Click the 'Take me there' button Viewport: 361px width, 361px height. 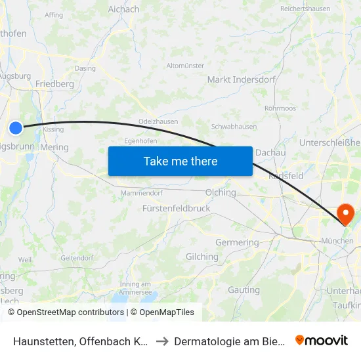click(180, 161)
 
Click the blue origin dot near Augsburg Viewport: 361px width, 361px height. click(16, 128)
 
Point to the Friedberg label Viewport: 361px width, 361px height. click(54, 84)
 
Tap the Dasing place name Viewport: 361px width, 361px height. click(85, 68)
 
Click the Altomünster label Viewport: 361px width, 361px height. click(185, 66)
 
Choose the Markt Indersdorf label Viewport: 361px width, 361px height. click(236, 79)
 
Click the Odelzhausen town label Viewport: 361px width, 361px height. click(157, 122)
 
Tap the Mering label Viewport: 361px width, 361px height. click(54, 148)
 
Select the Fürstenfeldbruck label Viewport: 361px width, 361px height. click(176, 208)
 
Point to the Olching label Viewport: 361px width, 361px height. click(220, 193)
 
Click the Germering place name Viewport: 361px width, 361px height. click(237, 243)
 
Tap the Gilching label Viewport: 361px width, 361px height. click(202, 257)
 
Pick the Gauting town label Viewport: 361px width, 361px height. click(244, 289)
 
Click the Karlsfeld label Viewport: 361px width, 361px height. click(286, 176)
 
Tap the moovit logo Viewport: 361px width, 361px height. click(321, 340)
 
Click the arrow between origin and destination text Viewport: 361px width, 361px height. click(162, 341)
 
